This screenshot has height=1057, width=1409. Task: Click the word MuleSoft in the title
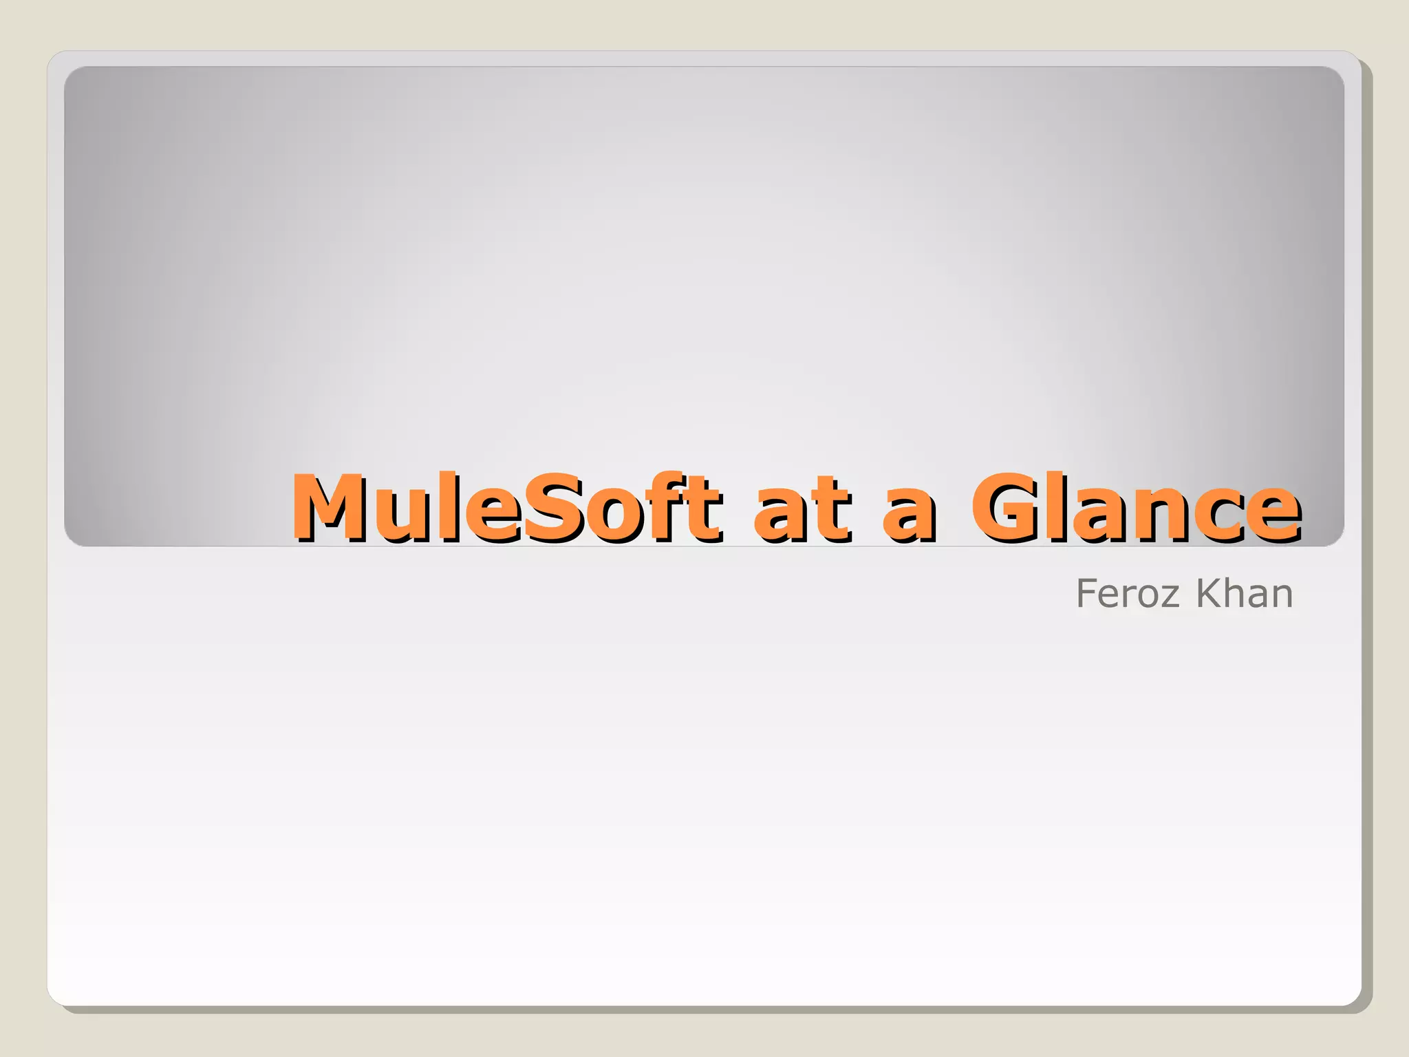[x=506, y=508]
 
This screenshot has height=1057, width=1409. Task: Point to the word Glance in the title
[x=1135, y=508]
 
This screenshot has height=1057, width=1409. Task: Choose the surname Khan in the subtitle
[x=1245, y=593]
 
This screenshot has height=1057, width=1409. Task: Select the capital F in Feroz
[x=1088, y=593]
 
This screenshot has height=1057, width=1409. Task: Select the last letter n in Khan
[x=1282, y=597]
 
